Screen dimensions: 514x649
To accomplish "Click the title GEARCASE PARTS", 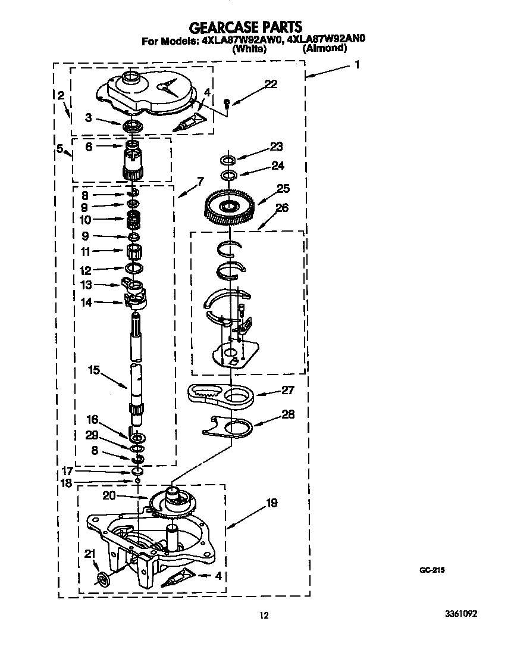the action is [246, 27].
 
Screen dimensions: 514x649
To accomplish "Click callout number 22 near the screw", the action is [271, 83].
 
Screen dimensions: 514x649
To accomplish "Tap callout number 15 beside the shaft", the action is [94, 370].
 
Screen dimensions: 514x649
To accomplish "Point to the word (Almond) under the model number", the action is [325, 48].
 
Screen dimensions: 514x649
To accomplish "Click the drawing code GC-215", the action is [432, 570].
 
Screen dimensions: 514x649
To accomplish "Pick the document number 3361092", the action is [460, 613].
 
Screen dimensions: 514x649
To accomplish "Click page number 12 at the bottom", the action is [264, 616].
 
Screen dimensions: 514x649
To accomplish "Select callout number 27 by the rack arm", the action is [288, 390].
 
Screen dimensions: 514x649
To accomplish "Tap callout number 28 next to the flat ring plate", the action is [288, 414].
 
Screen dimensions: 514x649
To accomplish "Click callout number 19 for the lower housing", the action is [272, 503].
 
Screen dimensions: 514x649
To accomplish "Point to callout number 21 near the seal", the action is [90, 554].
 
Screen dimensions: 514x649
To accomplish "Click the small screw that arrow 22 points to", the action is [227, 102].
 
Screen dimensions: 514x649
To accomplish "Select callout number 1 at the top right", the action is [357, 64].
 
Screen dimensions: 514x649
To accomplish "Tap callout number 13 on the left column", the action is [86, 285].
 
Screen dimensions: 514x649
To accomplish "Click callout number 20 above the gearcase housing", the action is [109, 495].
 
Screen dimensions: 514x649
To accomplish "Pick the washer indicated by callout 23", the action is [227, 159].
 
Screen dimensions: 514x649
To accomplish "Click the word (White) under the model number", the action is [249, 49].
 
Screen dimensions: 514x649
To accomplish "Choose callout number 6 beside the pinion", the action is [89, 146].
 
